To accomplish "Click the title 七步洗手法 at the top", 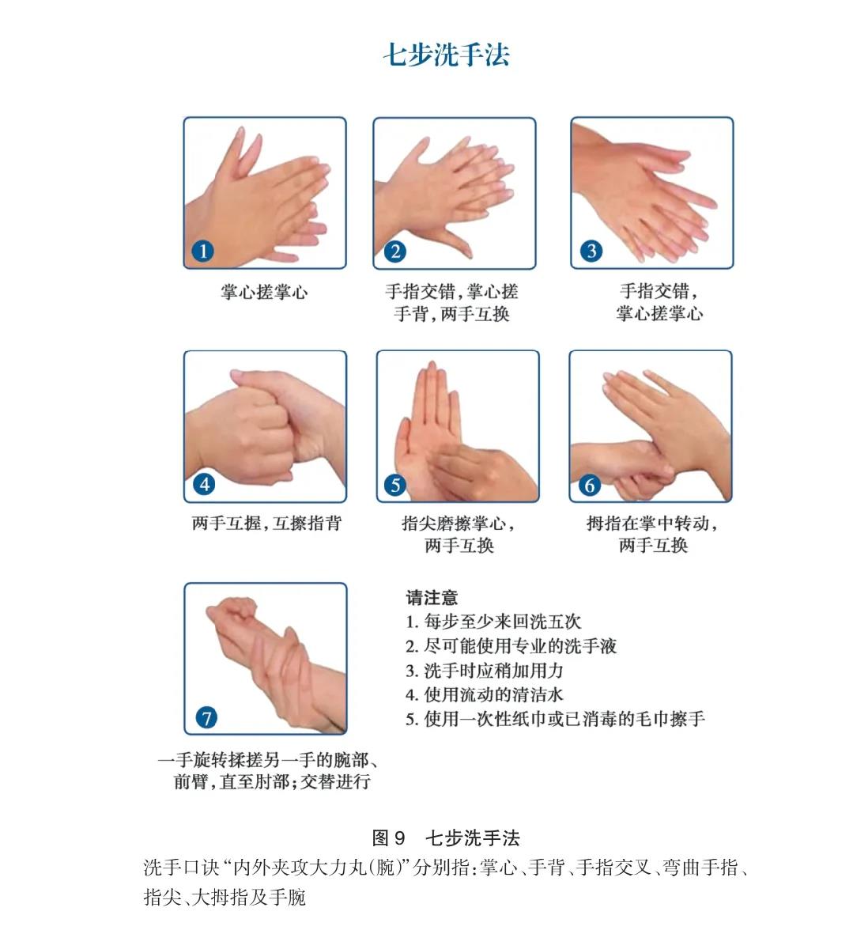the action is (447, 55).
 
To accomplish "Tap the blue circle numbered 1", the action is (202, 251).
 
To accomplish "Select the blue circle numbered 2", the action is (394, 251).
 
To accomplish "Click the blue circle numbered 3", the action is (591, 251).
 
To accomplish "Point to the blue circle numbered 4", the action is (204, 484).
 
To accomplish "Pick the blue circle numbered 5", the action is (395, 485).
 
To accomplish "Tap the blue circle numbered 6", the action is (589, 486).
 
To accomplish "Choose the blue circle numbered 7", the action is (206, 717).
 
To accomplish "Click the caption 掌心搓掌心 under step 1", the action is (264, 292).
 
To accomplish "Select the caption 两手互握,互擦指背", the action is (266, 524).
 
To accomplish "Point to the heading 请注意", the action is (432, 597).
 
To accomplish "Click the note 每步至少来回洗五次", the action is (493, 622).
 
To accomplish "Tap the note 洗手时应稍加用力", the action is (485, 670).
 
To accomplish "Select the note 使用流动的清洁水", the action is (485, 694).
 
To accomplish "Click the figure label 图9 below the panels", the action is (388, 838).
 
